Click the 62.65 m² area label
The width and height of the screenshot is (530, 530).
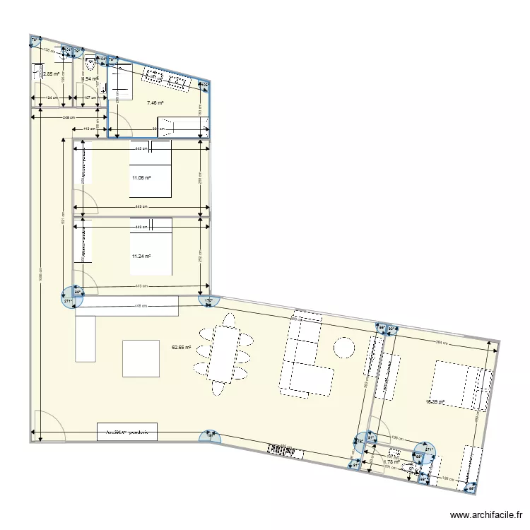182,347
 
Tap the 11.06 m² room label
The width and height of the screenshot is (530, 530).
141,178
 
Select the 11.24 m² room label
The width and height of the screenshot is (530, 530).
141,257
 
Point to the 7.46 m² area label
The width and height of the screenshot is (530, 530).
155,103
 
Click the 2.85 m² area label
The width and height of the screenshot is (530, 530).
51,73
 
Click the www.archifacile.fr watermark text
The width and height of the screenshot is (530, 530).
486,516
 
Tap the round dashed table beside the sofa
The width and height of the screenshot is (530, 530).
344,347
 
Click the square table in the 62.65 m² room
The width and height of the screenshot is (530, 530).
141,358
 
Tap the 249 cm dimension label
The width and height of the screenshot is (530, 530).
69,118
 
